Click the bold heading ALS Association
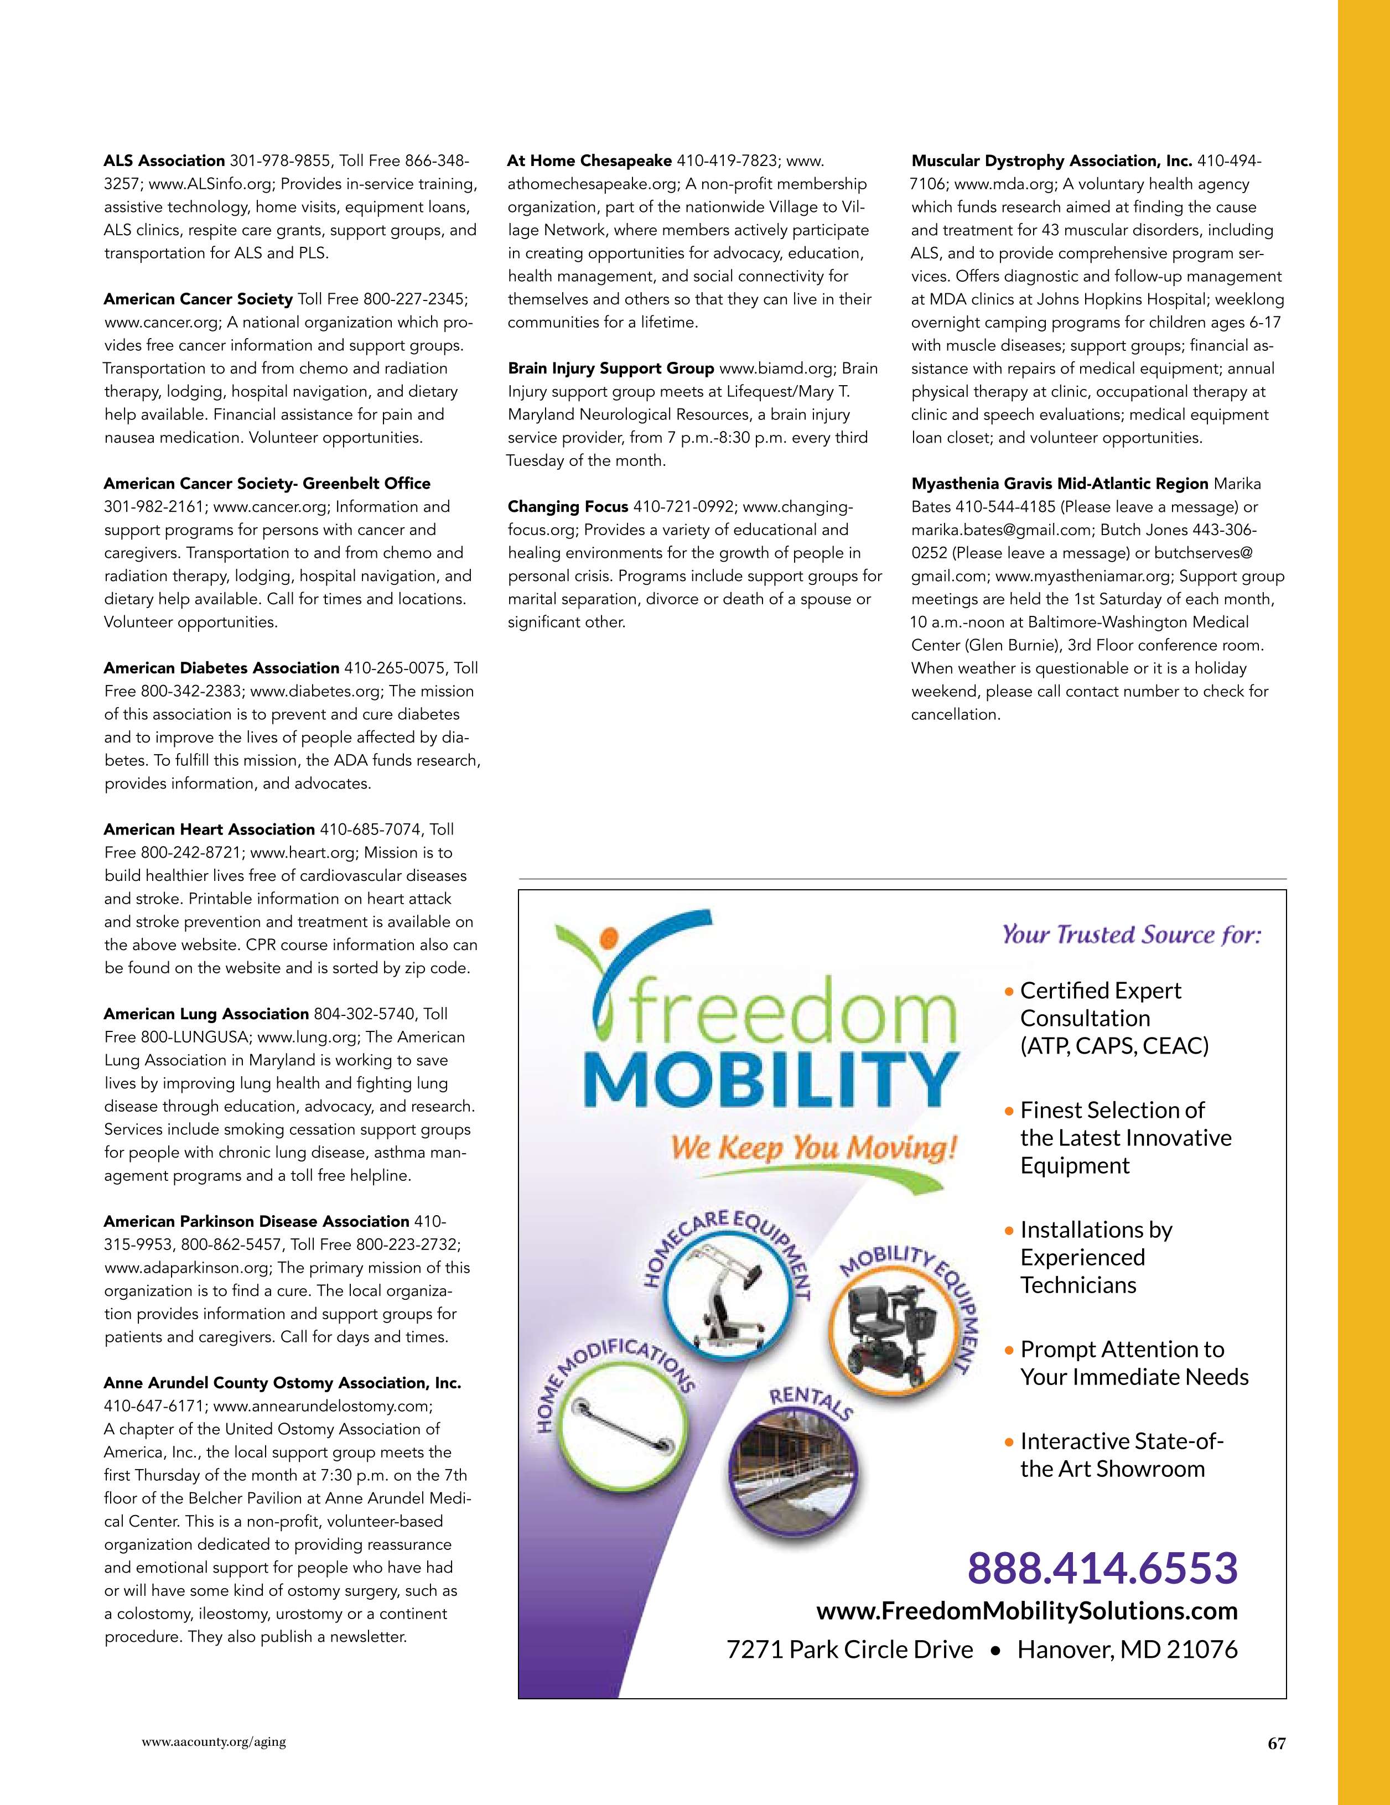coord(164,160)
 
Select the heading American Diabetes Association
coord(221,668)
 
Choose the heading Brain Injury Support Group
coord(611,368)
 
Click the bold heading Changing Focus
coord(568,506)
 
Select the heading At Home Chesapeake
coord(589,160)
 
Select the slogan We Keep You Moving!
coord(814,1148)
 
